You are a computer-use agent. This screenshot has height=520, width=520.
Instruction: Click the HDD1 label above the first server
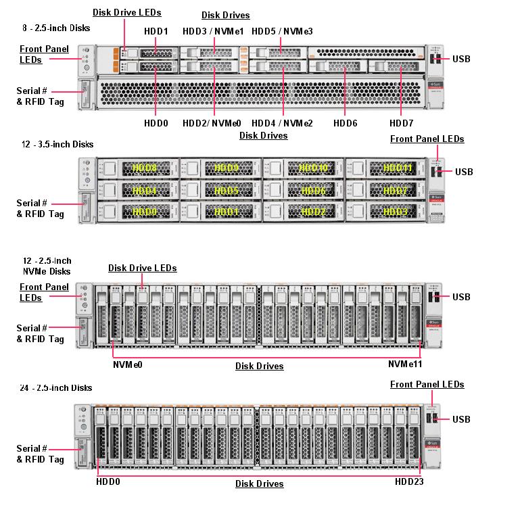(156, 32)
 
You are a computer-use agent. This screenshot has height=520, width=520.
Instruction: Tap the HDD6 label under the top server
(345, 124)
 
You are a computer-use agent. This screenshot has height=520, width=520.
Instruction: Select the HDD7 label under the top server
(401, 124)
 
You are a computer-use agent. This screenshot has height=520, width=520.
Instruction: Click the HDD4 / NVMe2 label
(282, 124)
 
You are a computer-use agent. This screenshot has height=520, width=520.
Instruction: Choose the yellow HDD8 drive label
(144, 168)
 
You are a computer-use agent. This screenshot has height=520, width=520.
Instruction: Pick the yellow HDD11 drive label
(397, 168)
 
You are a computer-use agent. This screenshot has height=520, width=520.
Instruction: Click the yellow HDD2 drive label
(312, 212)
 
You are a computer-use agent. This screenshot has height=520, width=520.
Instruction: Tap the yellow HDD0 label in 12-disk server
(144, 212)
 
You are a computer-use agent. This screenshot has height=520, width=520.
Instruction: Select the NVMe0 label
(127, 364)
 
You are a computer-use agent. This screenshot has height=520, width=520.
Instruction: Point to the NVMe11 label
(405, 364)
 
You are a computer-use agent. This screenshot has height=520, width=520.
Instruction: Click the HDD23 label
(410, 482)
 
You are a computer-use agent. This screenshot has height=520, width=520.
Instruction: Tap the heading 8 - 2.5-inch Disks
(56, 28)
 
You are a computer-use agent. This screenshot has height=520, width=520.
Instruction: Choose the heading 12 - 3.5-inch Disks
(57, 144)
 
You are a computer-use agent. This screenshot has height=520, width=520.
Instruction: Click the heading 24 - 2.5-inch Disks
(57, 387)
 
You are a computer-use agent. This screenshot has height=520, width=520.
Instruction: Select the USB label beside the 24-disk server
(461, 420)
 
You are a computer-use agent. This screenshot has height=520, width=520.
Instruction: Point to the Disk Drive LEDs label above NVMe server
(142, 268)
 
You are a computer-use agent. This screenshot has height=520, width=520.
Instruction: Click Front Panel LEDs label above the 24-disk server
(427, 384)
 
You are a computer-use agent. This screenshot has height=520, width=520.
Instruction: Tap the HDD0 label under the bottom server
(108, 482)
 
